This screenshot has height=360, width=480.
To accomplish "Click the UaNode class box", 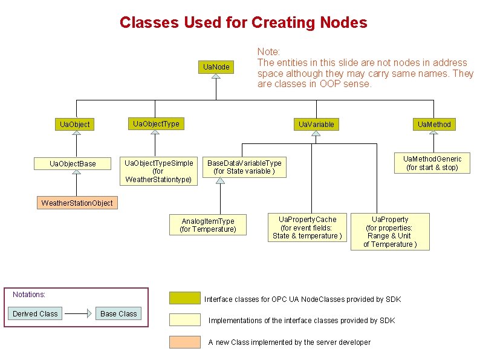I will [216, 67].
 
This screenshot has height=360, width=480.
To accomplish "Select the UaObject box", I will [74, 124].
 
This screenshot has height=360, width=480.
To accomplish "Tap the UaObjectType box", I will [156, 123].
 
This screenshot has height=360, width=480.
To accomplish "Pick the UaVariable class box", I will [316, 124].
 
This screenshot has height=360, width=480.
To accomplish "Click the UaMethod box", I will [433, 124].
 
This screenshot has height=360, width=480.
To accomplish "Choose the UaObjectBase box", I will [73, 163].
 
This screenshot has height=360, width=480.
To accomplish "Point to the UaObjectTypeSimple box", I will [158, 171].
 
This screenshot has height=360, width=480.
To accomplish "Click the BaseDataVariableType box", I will [244, 167].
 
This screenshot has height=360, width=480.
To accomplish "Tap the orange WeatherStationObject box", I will [77, 203].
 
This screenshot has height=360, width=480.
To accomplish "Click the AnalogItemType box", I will [207, 225].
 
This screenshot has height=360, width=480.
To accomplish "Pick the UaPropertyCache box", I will [307, 227].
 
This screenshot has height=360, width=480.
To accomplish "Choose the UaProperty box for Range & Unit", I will [390, 231].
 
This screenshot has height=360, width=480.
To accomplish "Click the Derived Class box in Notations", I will [35, 313].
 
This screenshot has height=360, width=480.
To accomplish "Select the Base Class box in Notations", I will [118, 313].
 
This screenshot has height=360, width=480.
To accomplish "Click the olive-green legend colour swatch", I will [184, 298].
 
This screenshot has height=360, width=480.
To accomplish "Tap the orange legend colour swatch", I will [184, 342].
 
